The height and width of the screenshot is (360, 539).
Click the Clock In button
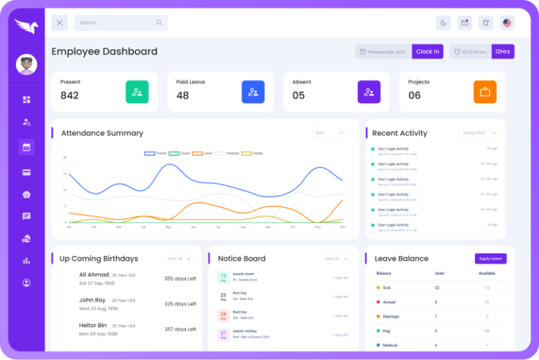[427, 51]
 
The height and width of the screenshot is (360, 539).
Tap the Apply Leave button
[490, 258]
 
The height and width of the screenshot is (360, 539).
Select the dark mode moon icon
[443, 22]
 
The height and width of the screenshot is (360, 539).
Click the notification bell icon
[485, 22]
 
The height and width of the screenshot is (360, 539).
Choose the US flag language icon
[507, 22]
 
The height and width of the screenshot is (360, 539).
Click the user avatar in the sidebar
[26, 65]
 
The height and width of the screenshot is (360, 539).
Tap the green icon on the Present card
[137, 92]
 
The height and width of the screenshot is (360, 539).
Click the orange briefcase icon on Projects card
[484, 92]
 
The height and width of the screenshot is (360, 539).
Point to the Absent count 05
[298, 95]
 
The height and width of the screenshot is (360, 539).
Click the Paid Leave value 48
[182, 95]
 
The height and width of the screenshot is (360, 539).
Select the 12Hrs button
[502, 51]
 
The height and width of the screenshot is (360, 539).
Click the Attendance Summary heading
[102, 133]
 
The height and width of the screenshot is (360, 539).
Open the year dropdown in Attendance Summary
[328, 133]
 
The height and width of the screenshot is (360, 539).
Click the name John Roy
[92, 300]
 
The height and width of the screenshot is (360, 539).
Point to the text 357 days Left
[180, 329]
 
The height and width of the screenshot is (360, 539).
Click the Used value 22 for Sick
[437, 288]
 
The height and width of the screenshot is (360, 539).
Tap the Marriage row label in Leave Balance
[392, 316]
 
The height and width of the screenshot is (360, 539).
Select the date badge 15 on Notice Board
[222, 277]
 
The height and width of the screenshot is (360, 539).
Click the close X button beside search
[60, 22]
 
